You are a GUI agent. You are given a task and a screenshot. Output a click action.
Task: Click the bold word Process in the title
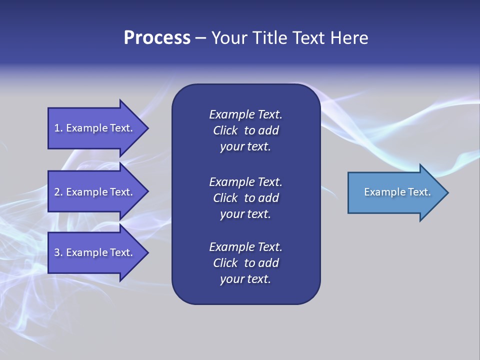point(156,38)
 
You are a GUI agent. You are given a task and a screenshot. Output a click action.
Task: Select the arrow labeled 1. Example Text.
point(95,128)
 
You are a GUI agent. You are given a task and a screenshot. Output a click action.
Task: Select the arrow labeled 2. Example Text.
point(95,192)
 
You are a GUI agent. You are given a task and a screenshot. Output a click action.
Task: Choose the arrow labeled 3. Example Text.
point(95,252)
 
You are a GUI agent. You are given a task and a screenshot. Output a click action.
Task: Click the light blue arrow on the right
point(395,192)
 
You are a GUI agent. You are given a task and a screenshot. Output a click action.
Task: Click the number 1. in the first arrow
point(58,128)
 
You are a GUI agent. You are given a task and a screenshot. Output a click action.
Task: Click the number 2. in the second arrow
point(58,192)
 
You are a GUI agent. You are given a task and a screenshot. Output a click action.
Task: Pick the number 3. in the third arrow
point(58,252)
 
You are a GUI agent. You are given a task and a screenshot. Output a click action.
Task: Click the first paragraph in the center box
point(245,130)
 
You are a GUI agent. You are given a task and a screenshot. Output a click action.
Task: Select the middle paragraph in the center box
point(245,198)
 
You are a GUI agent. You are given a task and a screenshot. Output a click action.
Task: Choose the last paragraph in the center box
point(245,263)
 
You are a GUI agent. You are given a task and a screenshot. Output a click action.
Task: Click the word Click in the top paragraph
point(225,130)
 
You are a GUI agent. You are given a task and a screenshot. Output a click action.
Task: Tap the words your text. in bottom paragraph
point(245,279)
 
